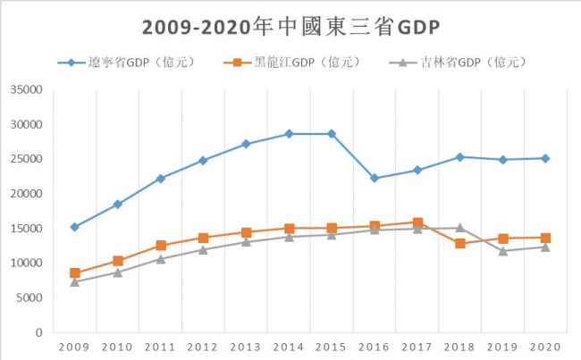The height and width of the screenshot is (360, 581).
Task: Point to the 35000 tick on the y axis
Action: pos(27,90)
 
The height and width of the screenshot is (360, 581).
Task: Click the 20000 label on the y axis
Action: pos(27,194)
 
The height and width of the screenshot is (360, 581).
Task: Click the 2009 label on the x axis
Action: pos(74,346)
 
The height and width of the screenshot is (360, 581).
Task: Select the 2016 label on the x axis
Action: pos(375,346)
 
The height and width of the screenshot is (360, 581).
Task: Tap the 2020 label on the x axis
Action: pos(545,346)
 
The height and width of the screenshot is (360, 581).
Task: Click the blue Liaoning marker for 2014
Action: pos(289,134)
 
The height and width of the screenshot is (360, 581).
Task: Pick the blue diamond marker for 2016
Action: pos(375,179)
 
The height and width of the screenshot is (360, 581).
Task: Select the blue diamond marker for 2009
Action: pos(74,227)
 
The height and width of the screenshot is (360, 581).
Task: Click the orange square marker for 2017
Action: pos(417,222)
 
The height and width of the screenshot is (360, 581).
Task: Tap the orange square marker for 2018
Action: pos(460,243)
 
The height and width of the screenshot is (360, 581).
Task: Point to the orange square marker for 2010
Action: pos(117,261)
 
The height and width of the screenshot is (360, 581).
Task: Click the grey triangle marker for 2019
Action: pos(503,251)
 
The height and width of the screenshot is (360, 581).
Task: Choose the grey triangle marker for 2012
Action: pos(203,249)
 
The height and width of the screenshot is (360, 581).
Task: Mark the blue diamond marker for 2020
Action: pos(545,158)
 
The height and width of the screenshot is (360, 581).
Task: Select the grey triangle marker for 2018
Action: pos(460,228)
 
